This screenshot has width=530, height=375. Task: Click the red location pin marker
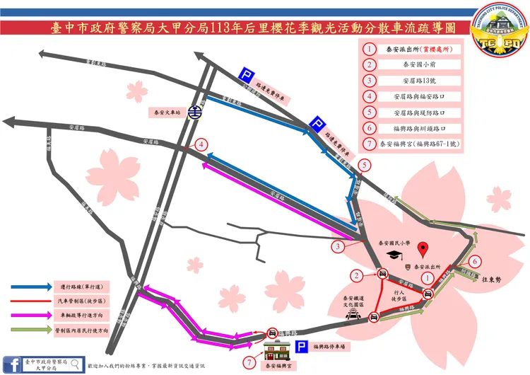tap(423, 249)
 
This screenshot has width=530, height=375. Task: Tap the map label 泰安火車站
tap(168, 112)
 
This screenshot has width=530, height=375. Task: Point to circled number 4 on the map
tap(203, 145)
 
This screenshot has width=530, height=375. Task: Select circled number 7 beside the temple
tap(249, 362)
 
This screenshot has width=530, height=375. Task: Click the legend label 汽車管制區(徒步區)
tap(78, 301)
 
